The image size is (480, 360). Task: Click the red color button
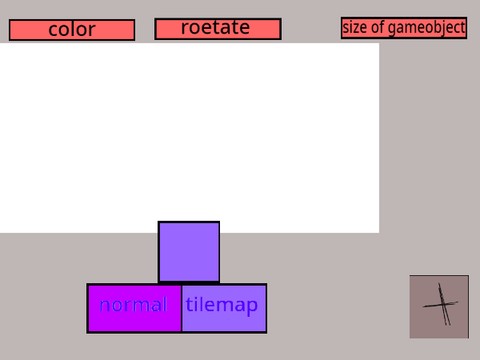(x=71, y=30)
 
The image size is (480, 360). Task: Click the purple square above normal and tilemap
(x=189, y=252)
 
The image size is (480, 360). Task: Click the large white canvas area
(x=189, y=137)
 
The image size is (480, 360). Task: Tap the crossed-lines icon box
(x=439, y=307)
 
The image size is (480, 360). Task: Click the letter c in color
(x=53, y=30)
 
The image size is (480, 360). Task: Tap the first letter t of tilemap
(x=189, y=305)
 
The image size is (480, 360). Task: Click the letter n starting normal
(x=104, y=306)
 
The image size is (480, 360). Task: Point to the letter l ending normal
(x=163, y=304)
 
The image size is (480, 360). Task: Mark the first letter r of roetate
(x=184, y=28)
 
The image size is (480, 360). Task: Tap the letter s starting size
(x=345, y=28)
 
